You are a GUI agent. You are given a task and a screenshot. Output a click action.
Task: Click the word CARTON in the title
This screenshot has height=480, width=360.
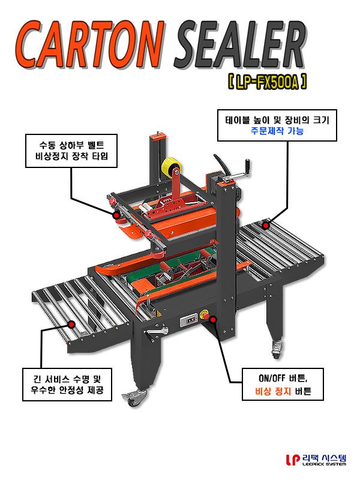pyautogui.click(x=89, y=44)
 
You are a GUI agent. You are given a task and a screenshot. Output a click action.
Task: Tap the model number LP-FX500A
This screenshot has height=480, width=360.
pyautogui.click(x=267, y=82)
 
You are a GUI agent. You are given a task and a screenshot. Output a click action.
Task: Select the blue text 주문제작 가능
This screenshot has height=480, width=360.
pyautogui.click(x=277, y=131)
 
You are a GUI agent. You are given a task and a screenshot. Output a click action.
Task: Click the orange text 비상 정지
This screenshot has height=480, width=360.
pyautogui.click(x=273, y=391)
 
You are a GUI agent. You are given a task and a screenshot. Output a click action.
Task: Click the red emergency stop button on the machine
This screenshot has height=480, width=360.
pyautogui.click(x=205, y=314)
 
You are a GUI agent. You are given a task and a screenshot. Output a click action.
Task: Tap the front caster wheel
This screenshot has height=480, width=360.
pyautogui.click(x=134, y=398)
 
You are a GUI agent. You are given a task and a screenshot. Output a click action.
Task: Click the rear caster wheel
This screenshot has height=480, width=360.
pyautogui.click(x=276, y=349)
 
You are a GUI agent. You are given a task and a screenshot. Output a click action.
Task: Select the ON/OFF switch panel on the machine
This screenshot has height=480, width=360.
pyautogui.click(x=189, y=320)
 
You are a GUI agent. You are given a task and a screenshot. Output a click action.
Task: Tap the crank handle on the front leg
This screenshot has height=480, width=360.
pyautogui.click(x=156, y=333)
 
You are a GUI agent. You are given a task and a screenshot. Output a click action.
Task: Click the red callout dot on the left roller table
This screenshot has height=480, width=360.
pyautogui.click(x=72, y=324)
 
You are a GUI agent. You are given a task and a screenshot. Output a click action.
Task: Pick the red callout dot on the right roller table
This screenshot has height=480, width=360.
pyautogui.click(x=266, y=226)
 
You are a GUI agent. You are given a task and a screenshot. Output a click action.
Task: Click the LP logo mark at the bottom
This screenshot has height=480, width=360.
pyautogui.click(x=293, y=460)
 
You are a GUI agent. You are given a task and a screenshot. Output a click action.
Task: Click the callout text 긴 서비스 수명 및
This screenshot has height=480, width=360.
pyautogui.click(x=67, y=379)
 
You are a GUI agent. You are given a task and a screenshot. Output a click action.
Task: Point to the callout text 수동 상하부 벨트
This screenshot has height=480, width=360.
pyautogui.click(x=71, y=145)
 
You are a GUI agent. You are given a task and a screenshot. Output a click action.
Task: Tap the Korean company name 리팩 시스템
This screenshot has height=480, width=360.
pyautogui.click(x=324, y=458)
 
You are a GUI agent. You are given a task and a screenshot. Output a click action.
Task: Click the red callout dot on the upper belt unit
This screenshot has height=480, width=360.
pyautogui.click(x=116, y=215)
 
